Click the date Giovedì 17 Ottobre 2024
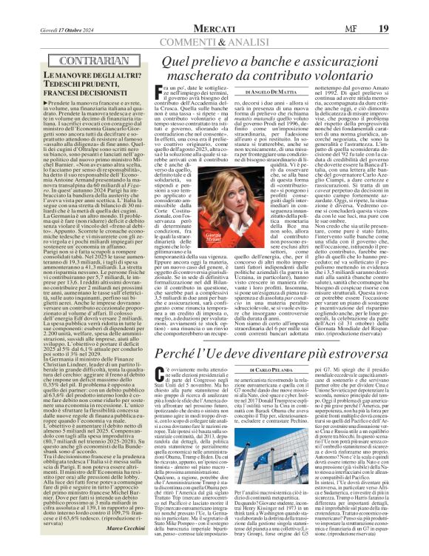click(x=55, y=8)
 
